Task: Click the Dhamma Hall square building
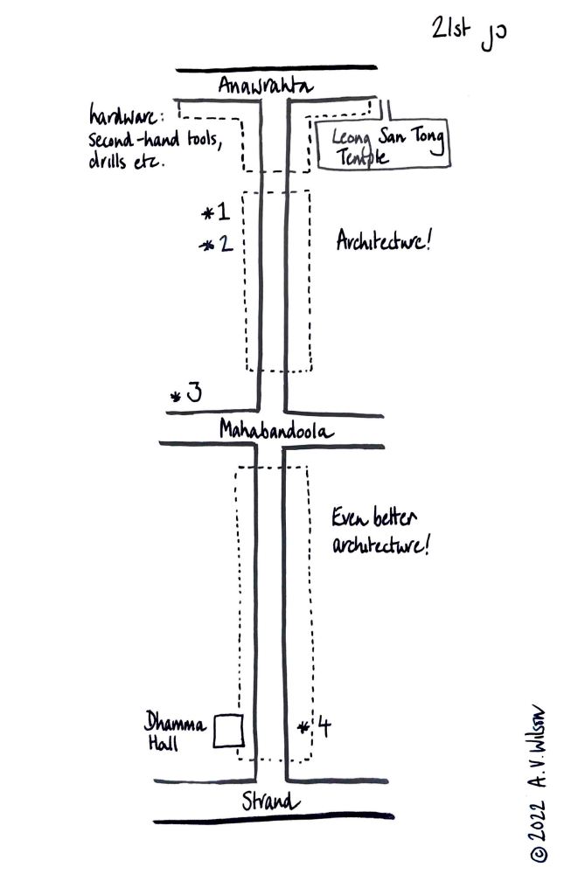point(228,731)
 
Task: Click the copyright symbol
point(540,854)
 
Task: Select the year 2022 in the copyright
point(540,813)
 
